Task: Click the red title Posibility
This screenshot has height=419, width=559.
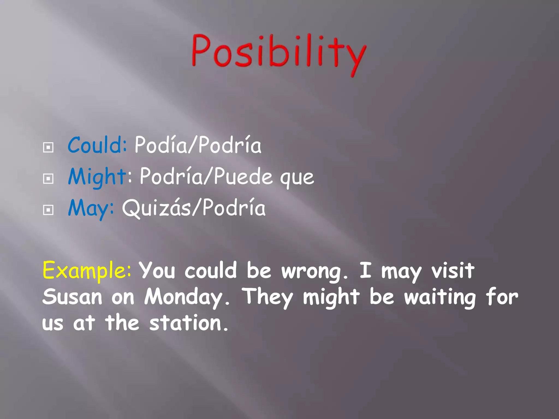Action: pos(278,53)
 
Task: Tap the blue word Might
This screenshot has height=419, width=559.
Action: pos(97,176)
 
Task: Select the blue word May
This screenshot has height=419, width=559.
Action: pos(89,208)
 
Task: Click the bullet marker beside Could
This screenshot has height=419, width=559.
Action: pos(48,148)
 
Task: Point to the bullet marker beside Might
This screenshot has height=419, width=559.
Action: pos(48,179)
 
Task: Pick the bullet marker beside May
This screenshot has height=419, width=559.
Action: pos(48,210)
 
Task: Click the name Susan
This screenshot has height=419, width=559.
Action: pos(72,297)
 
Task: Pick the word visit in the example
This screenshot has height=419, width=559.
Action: pos(453,271)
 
